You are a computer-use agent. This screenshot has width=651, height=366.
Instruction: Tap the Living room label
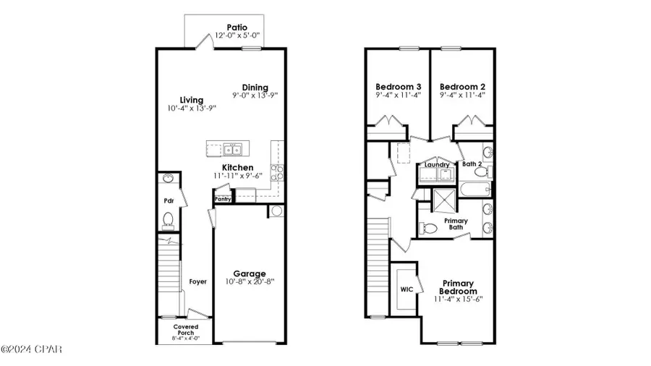coord(192,100)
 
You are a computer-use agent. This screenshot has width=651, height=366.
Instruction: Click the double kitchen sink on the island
coord(232,149)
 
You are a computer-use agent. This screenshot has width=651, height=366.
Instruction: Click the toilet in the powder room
coord(168,219)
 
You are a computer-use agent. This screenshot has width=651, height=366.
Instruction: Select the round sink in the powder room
coord(168,179)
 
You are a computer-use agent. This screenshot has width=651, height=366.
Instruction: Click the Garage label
coord(249,273)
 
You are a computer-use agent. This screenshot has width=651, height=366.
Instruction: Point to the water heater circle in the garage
coord(276,211)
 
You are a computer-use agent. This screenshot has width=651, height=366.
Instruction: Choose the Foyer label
coord(197,281)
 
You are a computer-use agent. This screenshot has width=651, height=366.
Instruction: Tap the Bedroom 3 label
coord(399,85)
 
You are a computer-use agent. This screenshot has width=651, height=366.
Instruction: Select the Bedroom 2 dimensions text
coord(461,93)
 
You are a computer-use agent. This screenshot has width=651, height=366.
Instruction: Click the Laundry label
coord(437,165)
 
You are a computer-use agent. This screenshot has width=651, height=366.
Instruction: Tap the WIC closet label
coord(406,289)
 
